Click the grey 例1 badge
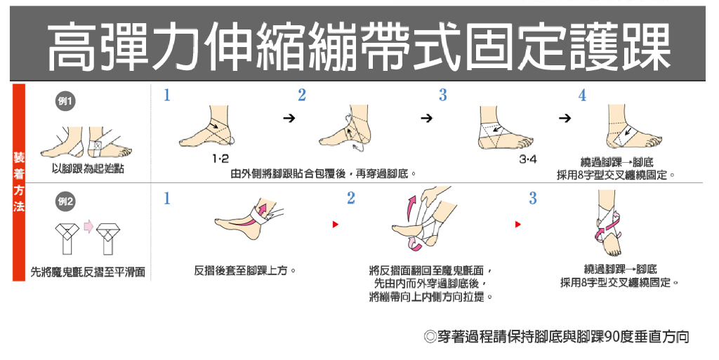65,101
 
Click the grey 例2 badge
65,202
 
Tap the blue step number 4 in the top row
582,95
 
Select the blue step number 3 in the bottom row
532,198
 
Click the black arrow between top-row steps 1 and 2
289,119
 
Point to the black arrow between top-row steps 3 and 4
565,119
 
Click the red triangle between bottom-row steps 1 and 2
335,225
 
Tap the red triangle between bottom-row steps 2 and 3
517,225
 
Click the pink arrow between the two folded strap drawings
88,227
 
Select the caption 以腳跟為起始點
88,168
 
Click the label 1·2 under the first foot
220,159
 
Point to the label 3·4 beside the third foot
528,159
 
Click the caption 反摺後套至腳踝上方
245,271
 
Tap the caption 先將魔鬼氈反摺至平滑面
88,272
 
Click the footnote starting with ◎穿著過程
556,337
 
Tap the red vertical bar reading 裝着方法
19,182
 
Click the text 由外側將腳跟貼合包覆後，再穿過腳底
324,174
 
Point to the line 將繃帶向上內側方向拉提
432,297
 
